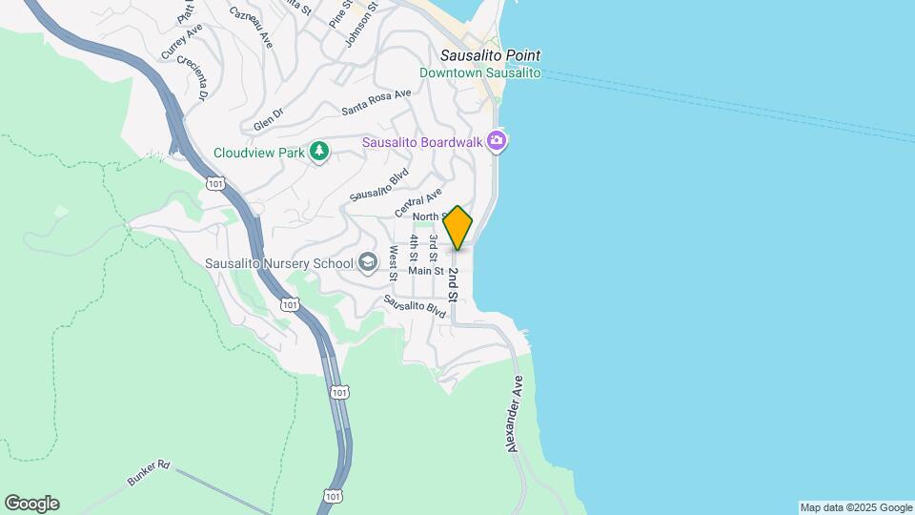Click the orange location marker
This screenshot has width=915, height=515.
tap(457, 228)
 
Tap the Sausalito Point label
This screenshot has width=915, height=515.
tap(490, 55)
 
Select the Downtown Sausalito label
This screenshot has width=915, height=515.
tap(480, 73)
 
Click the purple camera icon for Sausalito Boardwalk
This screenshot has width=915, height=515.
tap(496, 142)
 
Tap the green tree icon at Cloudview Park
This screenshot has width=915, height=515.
tap(319, 152)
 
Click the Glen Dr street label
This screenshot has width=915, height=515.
tap(269, 119)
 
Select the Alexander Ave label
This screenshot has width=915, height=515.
tap(516, 413)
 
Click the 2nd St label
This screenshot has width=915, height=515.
tap(454, 284)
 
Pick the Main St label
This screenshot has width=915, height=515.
tap(426, 271)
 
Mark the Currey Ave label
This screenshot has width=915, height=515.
tap(182, 43)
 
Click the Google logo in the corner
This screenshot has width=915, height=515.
tap(31, 504)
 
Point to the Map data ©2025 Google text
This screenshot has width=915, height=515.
tap(856, 507)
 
